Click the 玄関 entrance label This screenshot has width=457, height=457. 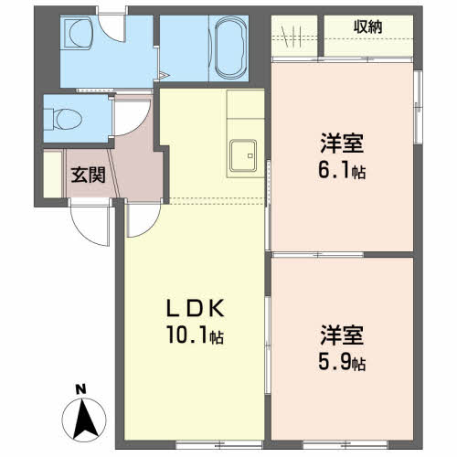pyautogui.click(x=88, y=175)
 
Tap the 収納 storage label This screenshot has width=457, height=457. pyautogui.click(x=367, y=27)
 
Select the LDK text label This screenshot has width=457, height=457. pyautogui.click(x=196, y=308)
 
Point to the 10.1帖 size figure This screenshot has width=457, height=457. pyautogui.click(x=196, y=335)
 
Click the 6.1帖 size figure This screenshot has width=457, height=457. pyautogui.click(x=342, y=170)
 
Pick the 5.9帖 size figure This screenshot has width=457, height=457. pyautogui.click(x=342, y=362)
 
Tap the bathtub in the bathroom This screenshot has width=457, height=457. pyautogui.click(x=230, y=48)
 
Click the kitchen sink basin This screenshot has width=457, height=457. pyautogui.click(x=243, y=155)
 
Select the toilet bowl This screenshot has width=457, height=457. pyautogui.click(x=68, y=119)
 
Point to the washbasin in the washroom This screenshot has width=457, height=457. pyautogui.click(x=80, y=33)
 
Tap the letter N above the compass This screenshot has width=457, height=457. pyautogui.click(x=80, y=389)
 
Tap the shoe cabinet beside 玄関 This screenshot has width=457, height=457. pyautogui.click(x=53, y=175)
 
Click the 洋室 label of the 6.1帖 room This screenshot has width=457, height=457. pyautogui.click(x=342, y=143)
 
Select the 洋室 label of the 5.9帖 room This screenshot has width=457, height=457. pyautogui.click(x=342, y=335)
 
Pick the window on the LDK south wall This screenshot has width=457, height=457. pyautogui.click(x=219, y=445)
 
